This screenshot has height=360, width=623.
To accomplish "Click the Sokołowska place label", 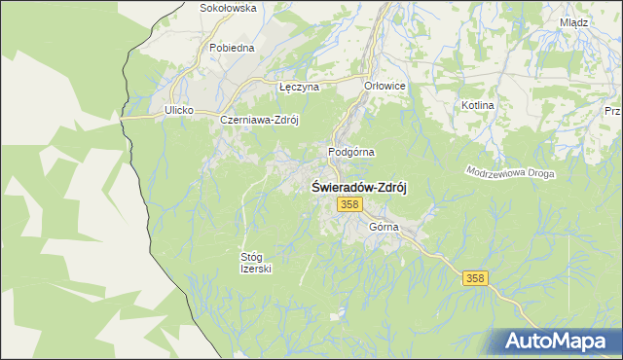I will (227, 8).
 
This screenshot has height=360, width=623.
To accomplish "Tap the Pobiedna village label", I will (232, 47).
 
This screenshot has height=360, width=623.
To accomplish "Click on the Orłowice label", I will (385, 86).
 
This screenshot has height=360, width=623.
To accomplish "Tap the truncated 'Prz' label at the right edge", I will (612, 111).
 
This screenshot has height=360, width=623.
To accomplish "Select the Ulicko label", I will (180, 111).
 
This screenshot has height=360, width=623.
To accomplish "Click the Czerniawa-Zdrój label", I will (258, 120).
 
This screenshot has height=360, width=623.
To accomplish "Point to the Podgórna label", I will (351, 152).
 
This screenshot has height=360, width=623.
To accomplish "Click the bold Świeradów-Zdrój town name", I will (358, 188).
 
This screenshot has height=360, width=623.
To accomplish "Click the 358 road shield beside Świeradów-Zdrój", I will (350, 204).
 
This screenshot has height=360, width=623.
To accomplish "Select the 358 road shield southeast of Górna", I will (472, 278).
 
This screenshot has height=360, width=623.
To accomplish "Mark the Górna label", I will (385, 227).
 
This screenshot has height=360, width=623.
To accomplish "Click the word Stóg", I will (251, 257).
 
